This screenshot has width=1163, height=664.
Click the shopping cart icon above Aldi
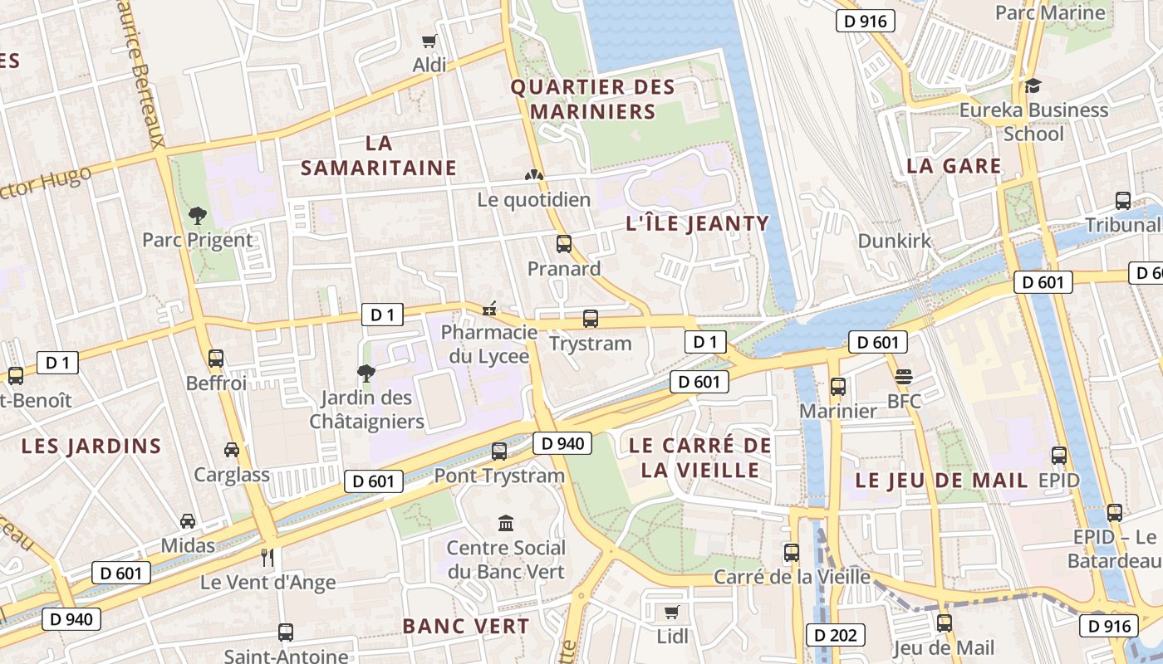(x=429, y=41)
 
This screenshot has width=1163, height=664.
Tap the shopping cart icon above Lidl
(x=671, y=613)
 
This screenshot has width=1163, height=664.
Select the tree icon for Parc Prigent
(x=198, y=216)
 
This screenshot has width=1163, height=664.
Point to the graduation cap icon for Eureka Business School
(x=1033, y=85)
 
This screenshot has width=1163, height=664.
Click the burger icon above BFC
(x=904, y=377)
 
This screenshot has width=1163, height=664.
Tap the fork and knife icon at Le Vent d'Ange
(x=267, y=557)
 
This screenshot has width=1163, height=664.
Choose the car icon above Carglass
(x=232, y=450)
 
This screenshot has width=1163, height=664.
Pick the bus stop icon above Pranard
(x=564, y=244)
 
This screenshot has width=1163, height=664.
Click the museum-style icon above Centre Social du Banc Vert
(x=506, y=523)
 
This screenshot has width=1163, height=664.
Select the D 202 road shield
(x=836, y=636)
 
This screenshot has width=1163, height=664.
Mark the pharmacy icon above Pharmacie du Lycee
(x=490, y=310)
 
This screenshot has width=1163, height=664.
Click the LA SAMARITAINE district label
(x=379, y=155)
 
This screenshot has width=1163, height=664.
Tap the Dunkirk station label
(x=895, y=241)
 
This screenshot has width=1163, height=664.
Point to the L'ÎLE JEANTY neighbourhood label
(x=697, y=223)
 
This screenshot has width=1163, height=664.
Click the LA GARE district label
(x=954, y=165)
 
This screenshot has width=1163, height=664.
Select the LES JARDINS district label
(x=91, y=446)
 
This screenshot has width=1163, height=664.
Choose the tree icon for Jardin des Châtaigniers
(x=366, y=373)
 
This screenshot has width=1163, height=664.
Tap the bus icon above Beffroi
(x=216, y=359)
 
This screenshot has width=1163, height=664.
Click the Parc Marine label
(x=1050, y=12)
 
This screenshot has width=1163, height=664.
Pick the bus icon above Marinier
(x=838, y=387)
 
